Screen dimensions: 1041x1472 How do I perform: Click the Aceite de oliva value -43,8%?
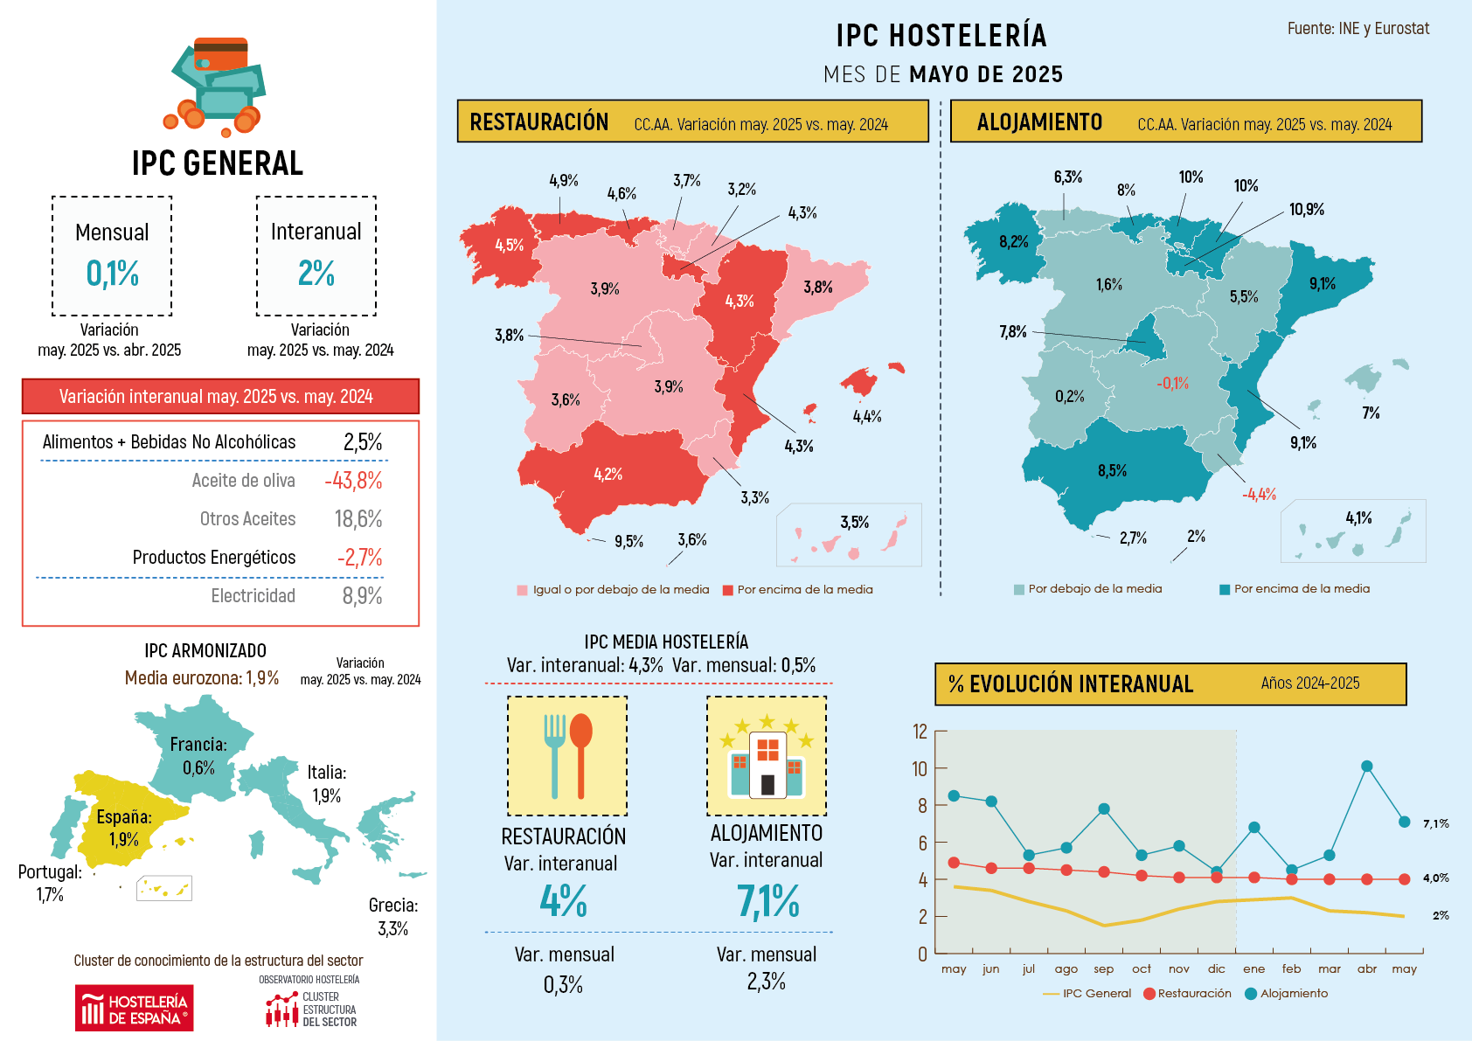pyautogui.click(x=353, y=481)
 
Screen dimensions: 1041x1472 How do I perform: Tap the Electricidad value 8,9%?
pyautogui.click(x=362, y=596)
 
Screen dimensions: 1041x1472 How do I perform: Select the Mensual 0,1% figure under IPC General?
pyautogui.click(x=112, y=274)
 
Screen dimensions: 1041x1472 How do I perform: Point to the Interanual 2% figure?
pyautogui.click(x=316, y=274)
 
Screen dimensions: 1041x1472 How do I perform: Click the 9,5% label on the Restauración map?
pyautogui.click(x=628, y=542)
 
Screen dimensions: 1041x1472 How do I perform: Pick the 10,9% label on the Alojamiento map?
pyautogui.click(x=1306, y=210)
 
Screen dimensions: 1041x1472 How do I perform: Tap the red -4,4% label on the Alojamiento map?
pyautogui.click(x=1259, y=495)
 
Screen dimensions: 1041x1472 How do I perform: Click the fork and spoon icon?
pyautogui.click(x=567, y=756)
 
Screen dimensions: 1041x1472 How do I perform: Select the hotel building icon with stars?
pyautogui.click(x=767, y=756)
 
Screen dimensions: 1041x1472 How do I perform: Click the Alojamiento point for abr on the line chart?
pyautogui.click(x=1367, y=767)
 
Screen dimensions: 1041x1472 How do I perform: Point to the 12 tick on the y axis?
pyautogui.click(x=920, y=732)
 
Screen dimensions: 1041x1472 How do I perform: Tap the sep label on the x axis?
pyautogui.click(x=1103, y=969)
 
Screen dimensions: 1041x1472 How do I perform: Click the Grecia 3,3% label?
pyautogui.click(x=392, y=917)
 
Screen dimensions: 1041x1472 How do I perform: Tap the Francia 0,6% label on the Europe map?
pyautogui.click(x=198, y=756)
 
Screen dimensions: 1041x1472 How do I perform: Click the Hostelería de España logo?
pyautogui.click(x=134, y=1009)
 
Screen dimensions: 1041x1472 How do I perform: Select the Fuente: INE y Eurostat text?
pyautogui.click(x=1357, y=29)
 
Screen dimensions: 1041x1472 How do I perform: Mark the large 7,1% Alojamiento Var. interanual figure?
pyautogui.click(x=767, y=901)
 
